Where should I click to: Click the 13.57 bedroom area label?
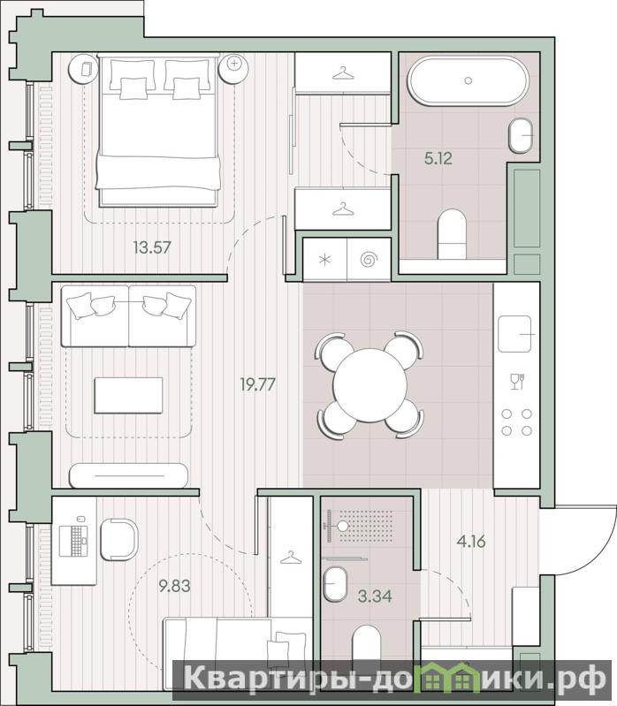[152, 247]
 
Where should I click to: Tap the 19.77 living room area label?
[257, 384]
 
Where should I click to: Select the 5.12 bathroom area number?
[438, 158]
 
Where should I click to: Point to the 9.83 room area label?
[174, 586]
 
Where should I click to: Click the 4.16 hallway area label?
[471, 541]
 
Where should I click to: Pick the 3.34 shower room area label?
[375, 596]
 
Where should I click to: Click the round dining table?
[369, 385]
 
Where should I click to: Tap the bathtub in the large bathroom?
[468, 80]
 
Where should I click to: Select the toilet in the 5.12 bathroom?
[453, 234]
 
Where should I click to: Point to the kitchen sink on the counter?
[514, 334]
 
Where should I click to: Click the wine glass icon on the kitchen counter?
[517, 382]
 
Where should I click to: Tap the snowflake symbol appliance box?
[324, 260]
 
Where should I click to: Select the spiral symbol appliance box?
[369, 260]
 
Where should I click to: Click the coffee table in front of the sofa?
[128, 395]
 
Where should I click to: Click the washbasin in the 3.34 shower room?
[336, 583]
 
